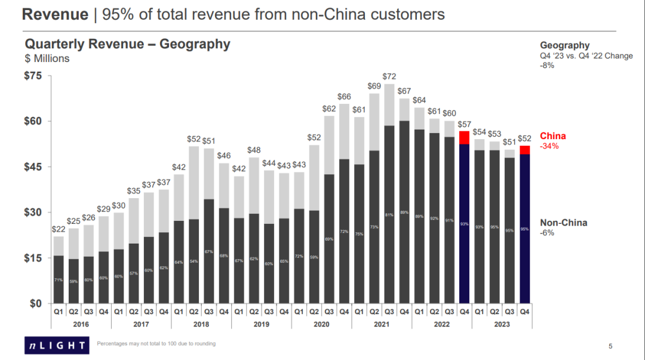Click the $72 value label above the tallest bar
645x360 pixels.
389,76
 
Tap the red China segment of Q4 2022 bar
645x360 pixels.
464,137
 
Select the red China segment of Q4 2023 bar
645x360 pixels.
524,150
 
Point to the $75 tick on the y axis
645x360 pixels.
33,76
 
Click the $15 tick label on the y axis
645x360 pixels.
33,258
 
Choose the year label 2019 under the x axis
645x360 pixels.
261,324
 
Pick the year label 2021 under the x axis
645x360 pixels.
381,324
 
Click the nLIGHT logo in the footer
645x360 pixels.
55,344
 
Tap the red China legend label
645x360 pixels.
552,136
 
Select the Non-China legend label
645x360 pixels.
563,223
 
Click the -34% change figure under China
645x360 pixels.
548,146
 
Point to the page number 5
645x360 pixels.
610,346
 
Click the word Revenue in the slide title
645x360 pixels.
55,14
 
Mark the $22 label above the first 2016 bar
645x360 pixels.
59,229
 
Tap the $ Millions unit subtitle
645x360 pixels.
47,59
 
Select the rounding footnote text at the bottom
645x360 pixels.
156,344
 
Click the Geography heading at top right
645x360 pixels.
564,45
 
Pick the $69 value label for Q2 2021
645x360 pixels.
374,86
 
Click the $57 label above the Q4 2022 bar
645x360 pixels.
464,124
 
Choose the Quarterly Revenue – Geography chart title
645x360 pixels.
127,44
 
